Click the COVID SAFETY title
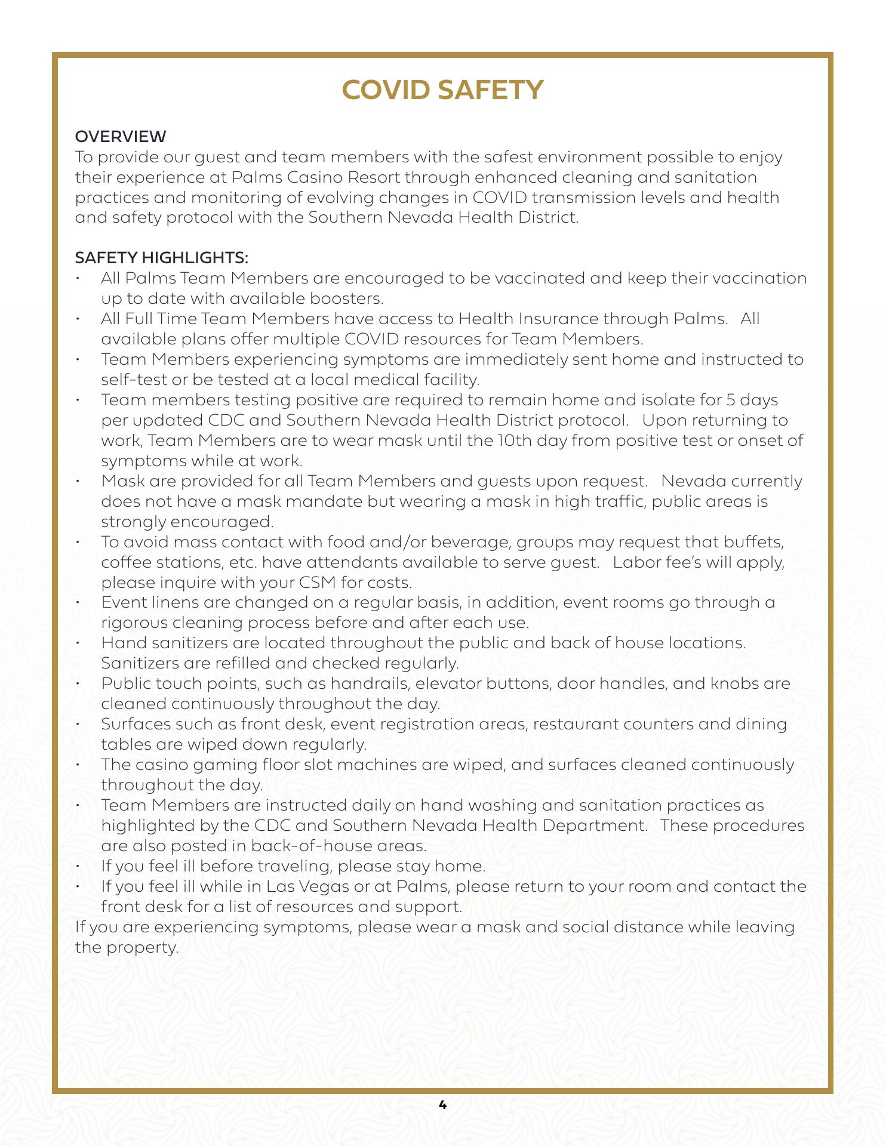[442, 90]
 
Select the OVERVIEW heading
[121, 137]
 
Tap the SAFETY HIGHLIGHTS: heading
[161, 258]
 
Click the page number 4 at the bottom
[442, 1105]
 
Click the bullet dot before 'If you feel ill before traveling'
[78, 866]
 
